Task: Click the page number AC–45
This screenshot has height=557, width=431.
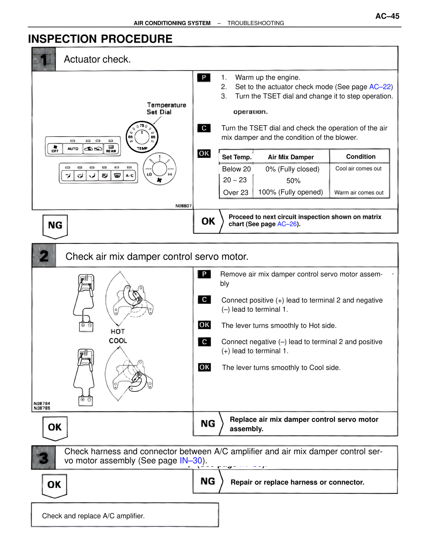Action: (387, 16)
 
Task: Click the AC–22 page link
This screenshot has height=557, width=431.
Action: (380, 87)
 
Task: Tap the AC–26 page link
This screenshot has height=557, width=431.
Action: (287, 224)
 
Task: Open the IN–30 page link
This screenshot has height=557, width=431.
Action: (191, 460)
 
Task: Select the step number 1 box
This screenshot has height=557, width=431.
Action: (44, 59)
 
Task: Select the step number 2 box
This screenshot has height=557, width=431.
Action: (44, 256)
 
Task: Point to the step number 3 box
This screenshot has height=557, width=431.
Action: (43, 458)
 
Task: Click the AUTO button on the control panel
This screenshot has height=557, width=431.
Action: (73, 148)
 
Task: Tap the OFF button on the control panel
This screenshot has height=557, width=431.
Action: (55, 148)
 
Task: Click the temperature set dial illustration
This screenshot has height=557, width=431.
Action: (142, 137)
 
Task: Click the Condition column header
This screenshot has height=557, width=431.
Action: (361, 157)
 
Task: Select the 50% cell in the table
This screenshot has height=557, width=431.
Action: (293, 181)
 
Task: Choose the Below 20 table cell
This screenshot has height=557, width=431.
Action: (236, 169)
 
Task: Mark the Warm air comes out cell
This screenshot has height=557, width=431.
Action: (359, 193)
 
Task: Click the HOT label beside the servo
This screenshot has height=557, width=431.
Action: (118, 331)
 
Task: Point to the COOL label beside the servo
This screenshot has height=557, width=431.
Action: (118, 341)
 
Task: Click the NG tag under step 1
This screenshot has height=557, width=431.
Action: (55, 225)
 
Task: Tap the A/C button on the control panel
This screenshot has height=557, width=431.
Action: (130, 176)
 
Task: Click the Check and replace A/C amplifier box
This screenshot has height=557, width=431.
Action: (125, 515)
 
